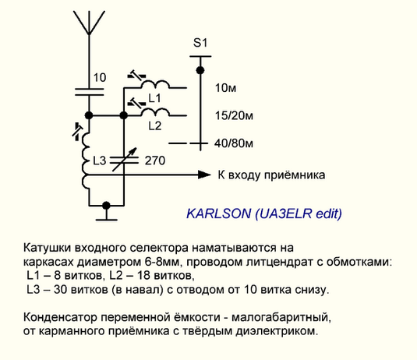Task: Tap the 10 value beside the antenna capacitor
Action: pyautogui.click(x=100, y=78)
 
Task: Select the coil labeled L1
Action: pyautogui.click(x=155, y=84)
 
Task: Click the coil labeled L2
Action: pyautogui.click(x=155, y=112)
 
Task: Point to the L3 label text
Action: pyautogui.click(x=100, y=161)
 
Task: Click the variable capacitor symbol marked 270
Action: pyautogui.click(x=124, y=160)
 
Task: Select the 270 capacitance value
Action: pyautogui.click(x=155, y=161)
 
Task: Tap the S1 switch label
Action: pyautogui.click(x=200, y=43)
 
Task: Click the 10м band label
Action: pyautogui.click(x=225, y=88)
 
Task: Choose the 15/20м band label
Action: pyautogui.click(x=234, y=115)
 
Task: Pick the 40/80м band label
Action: pyautogui.click(x=234, y=143)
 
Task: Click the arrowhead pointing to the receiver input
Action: pyautogui.click(x=204, y=175)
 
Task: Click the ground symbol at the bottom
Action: pyautogui.click(x=106, y=215)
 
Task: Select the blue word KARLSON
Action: pyautogui.click(x=218, y=214)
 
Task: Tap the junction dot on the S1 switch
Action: pyautogui.click(x=200, y=70)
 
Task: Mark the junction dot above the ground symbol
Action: pyautogui.click(x=106, y=205)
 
